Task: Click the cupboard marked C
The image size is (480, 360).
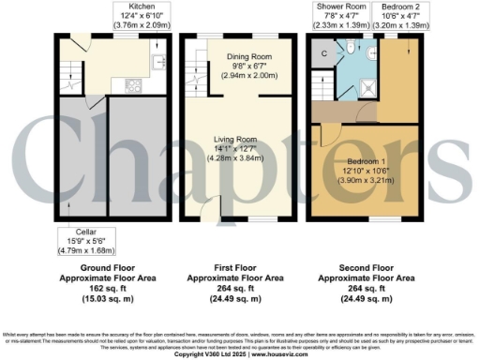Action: tap(323, 54)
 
